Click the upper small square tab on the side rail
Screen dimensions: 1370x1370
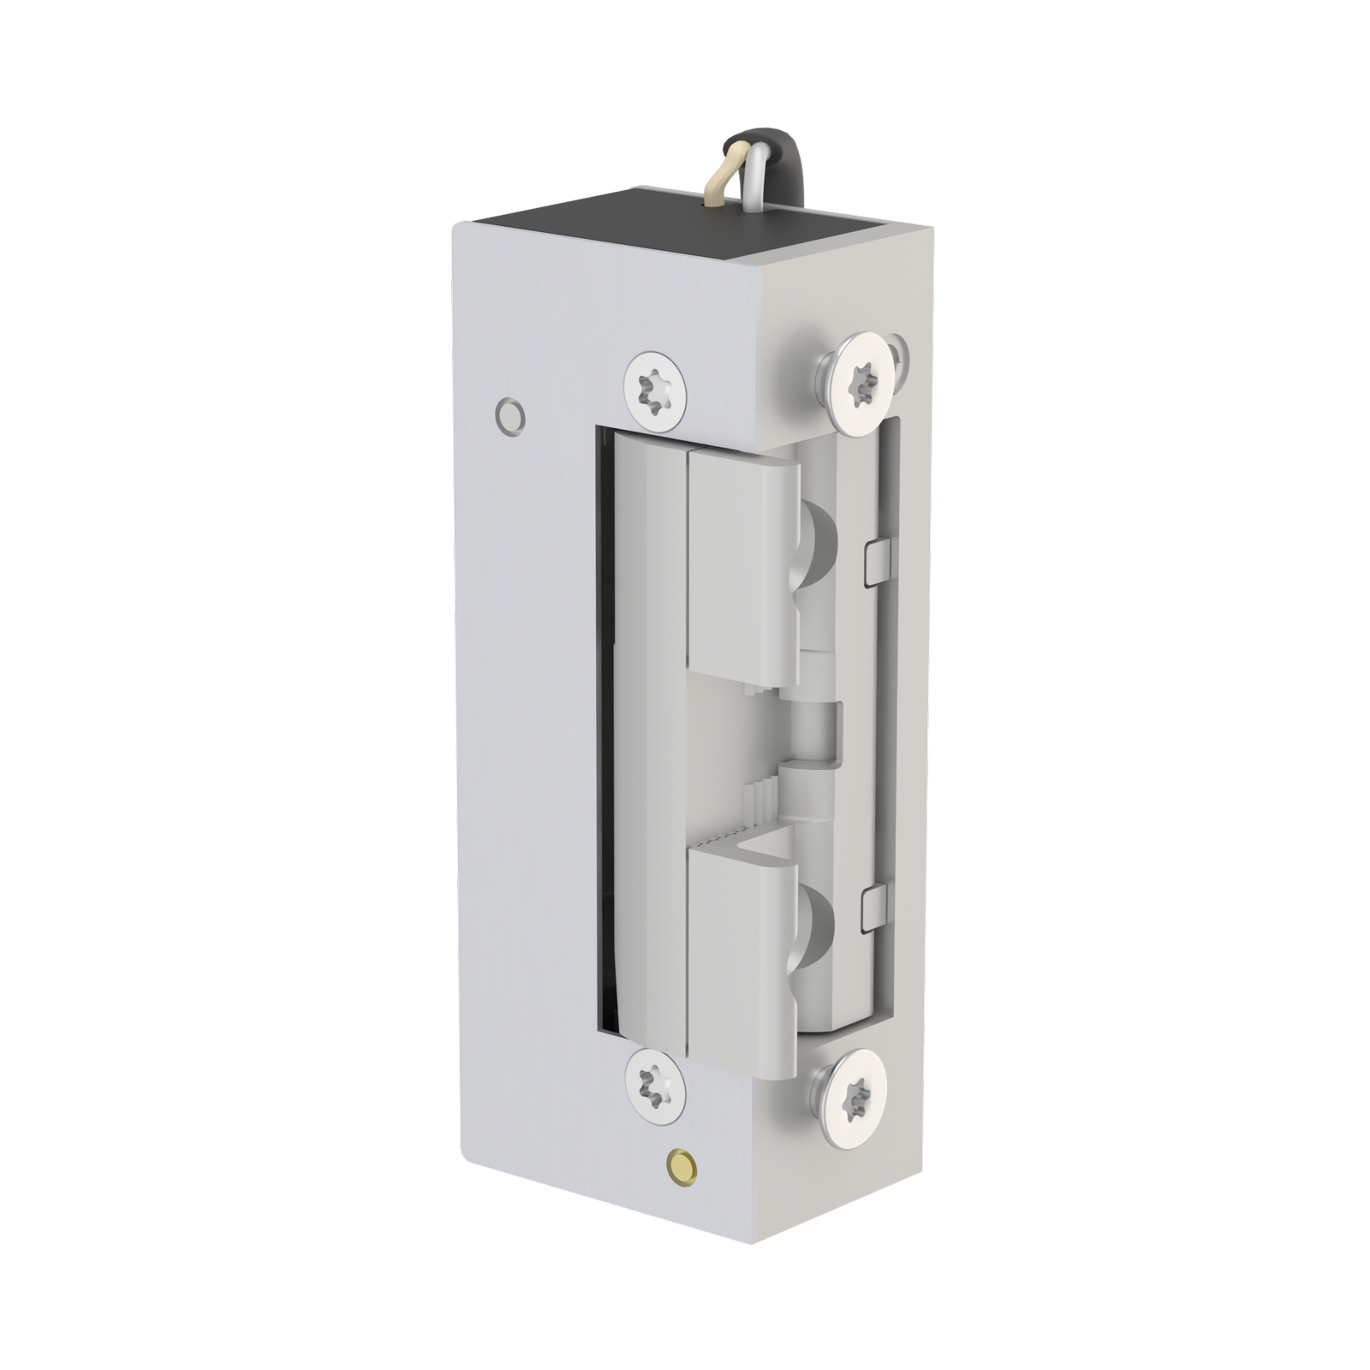point(876,562)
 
